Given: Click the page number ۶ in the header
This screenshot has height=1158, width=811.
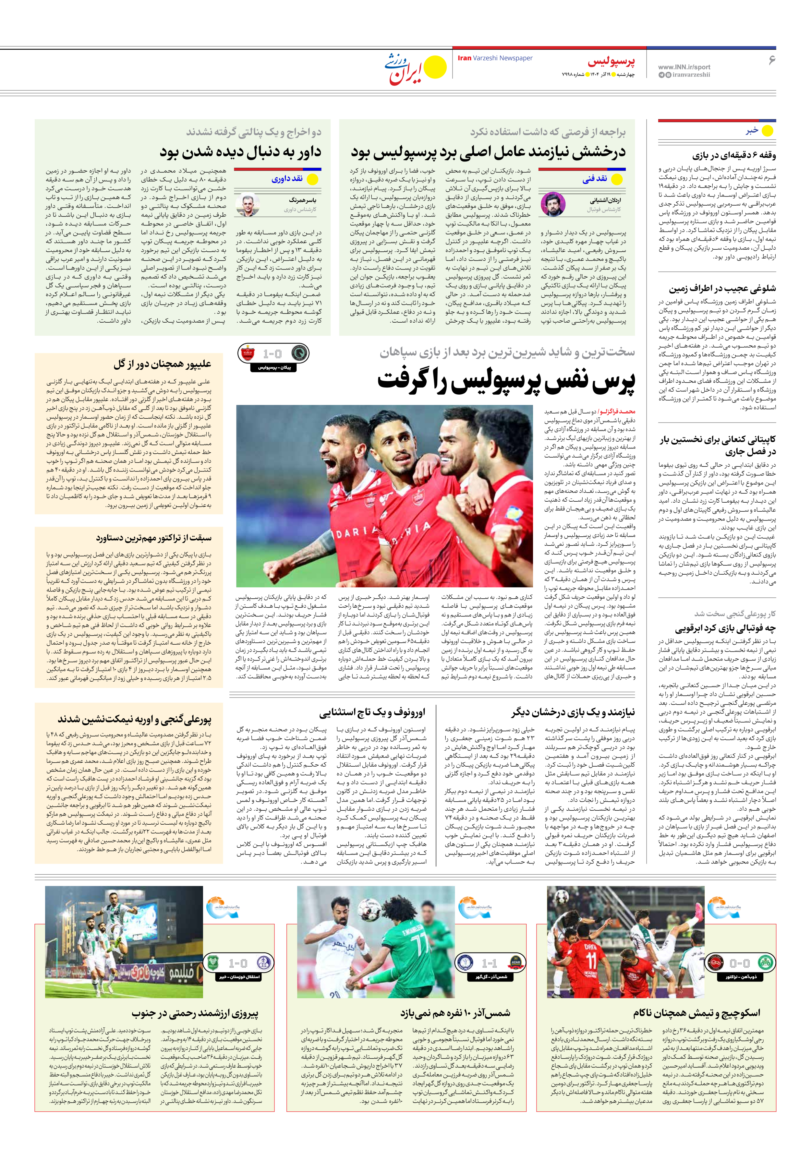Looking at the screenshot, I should pyautogui.click(x=772, y=60).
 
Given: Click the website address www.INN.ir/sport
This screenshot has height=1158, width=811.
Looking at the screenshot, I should pyautogui.click(x=684, y=66).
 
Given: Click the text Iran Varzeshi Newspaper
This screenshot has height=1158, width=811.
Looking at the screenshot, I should pyautogui.click(x=495, y=58).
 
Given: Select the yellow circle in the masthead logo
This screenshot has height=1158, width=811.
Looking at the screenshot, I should pyautogui.click(x=435, y=67).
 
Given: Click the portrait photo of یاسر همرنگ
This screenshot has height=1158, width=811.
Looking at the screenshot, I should pyautogui.click(x=248, y=205).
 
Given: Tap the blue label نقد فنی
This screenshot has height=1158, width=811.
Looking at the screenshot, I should pyautogui.click(x=595, y=179).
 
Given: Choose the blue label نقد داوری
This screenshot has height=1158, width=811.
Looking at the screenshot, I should pyautogui.click(x=287, y=179).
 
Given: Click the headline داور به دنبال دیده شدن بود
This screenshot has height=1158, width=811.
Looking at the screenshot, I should pyautogui.click(x=240, y=151).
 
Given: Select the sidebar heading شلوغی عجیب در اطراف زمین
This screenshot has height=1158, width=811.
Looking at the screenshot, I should pyautogui.click(x=722, y=289).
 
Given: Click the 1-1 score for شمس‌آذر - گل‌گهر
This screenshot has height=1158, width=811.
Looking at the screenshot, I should pyautogui.click(x=489, y=963).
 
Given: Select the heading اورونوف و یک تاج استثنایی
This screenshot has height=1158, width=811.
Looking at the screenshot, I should pyautogui.click(x=372, y=712).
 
